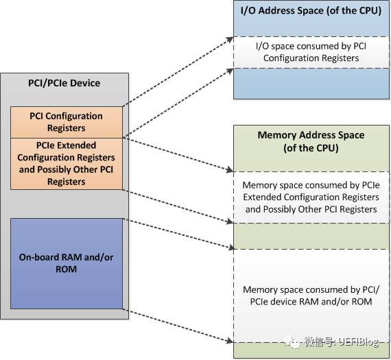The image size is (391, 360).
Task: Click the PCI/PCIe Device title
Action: [x=64, y=83]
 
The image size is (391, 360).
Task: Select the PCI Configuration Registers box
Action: [x=66, y=122]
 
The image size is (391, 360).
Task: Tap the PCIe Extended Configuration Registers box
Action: [x=66, y=163]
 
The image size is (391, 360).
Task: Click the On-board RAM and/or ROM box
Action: [x=66, y=263]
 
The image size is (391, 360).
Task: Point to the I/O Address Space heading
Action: [x=310, y=11]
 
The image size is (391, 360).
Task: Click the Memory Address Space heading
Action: [x=310, y=141]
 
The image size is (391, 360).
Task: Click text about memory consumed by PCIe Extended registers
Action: [x=311, y=197]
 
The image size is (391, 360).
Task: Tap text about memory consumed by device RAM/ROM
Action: [x=311, y=296]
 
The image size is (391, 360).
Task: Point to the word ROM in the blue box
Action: [x=66, y=269]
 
